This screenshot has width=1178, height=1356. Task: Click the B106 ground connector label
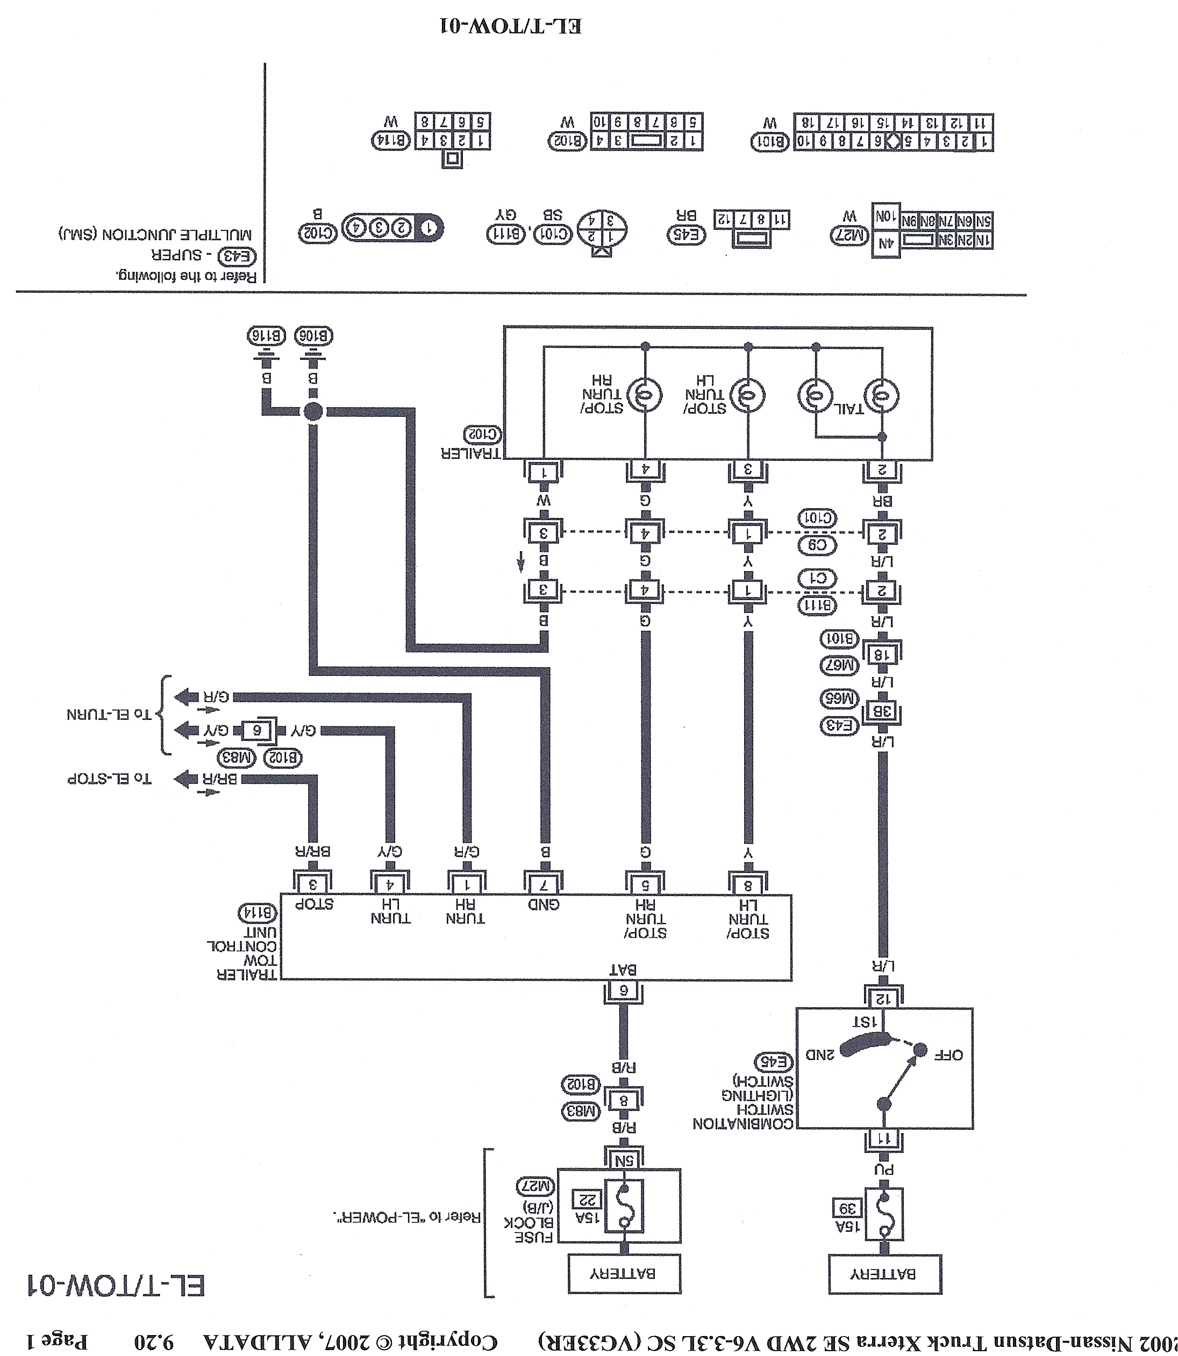pyautogui.click(x=313, y=336)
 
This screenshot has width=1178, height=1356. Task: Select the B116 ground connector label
pyautogui.click(x=266, y=336)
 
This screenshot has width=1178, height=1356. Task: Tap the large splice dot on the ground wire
pyautogui.click(x=313, y=412)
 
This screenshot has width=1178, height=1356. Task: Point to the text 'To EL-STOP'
pyautogui.click(x=109, y=779)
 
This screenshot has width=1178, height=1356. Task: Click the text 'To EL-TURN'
pyautogui.click(x=109, y=714)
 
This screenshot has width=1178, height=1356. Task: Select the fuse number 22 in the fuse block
pyautogui.click(x=586, y=1200)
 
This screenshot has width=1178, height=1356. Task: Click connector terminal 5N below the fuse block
pyautogui.click(x=623, y=1161)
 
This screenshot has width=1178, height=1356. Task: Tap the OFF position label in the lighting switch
pyautogui.click(x=948, y=1055)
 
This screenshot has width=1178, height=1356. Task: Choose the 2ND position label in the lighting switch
pyautogui.click(x=820, y=1055)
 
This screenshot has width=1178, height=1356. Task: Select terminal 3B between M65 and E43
pyautogui.click(x=882, y=711)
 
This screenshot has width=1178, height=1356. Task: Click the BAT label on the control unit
pyautogui.click(x=623, y=970)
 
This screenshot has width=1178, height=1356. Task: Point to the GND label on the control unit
pyautogui.click(x=544, y=905)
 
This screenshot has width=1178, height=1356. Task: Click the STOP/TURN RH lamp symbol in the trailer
pyautogui.click(x=644, y=395)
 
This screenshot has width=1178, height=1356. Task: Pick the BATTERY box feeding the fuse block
pyautogui.click(x=624, y=1274)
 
